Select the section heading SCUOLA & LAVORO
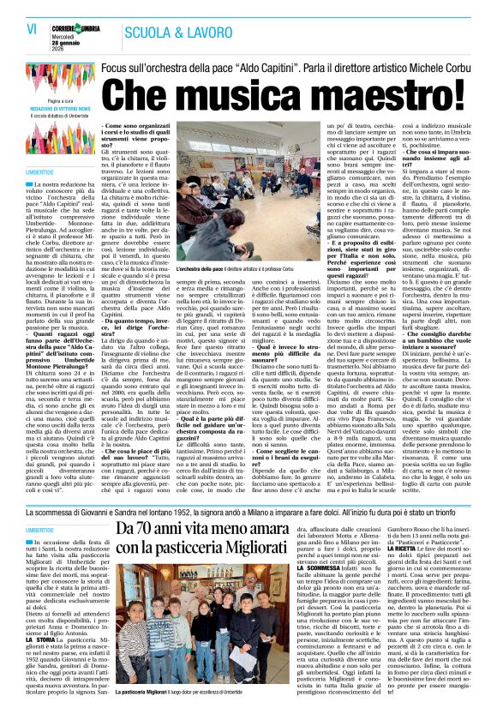coord(167,32)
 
